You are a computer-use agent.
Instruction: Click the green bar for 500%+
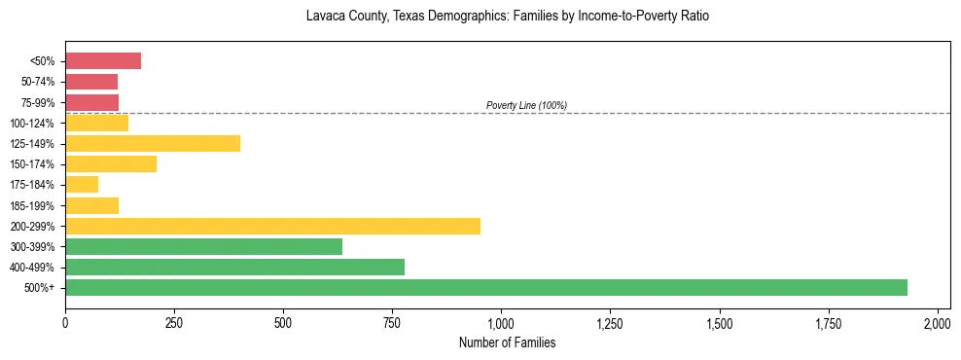click(x=486, y=287)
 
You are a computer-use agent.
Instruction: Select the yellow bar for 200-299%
click(x=272, y=226)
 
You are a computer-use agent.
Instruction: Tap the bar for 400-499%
click(x=234, y=267)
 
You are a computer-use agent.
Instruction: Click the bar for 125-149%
click(x=153, y=144)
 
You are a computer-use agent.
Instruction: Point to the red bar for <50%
click(x=103, y=61)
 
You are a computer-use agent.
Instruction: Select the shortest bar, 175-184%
click(x=82, y=185)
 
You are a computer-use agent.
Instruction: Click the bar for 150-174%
click(x=111, y=164)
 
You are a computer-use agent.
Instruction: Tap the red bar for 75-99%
click(x=91, y=102)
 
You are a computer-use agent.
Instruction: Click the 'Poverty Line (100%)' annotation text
click(x=526, y=105)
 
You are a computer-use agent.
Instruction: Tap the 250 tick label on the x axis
click(x=174, y=323)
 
